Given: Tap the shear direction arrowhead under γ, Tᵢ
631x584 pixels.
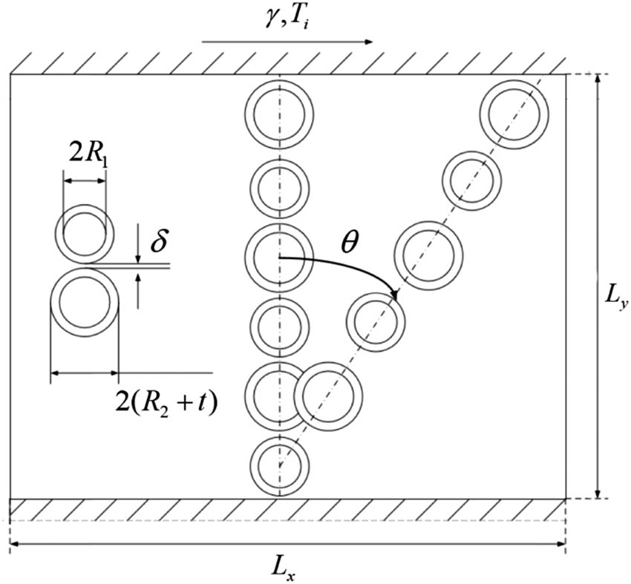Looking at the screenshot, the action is (x=367, y=42).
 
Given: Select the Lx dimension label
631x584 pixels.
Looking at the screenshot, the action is (x=284, y=569).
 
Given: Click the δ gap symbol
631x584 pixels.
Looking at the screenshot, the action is (x=159, y=240).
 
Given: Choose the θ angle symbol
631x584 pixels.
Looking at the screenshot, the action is (x=348, y=243).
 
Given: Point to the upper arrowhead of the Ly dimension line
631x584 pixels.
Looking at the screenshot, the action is (x=598, y=79).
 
